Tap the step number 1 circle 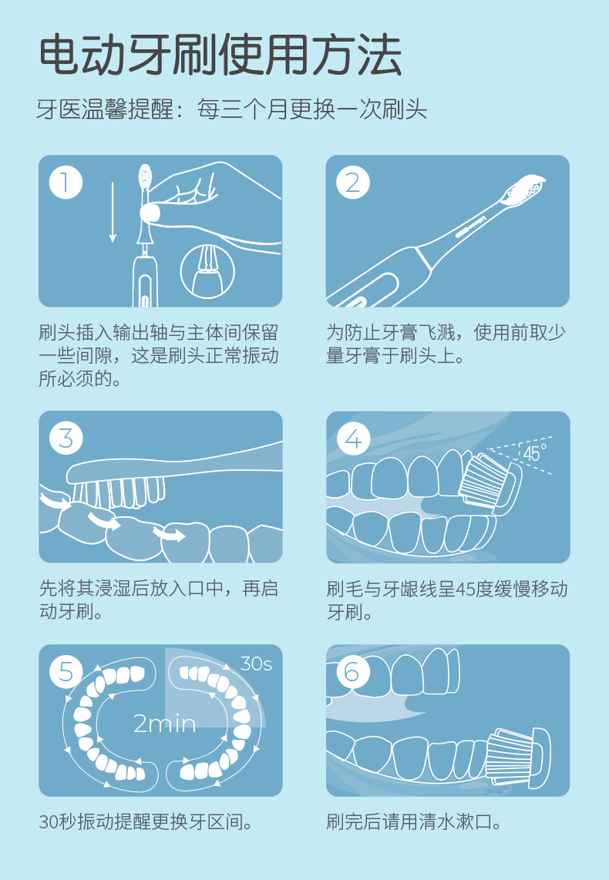tap(66, 183)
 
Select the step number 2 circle tap(353, 183)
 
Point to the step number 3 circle tap(66, 439)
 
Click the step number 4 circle tap(353, 439)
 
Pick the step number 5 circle tap(66, 672)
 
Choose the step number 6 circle tap(353, 672)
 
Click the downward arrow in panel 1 tap(113, 212)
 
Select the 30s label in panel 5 tap(256, 664)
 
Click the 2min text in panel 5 tap(164, 724)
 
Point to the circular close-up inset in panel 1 tap(207, 270)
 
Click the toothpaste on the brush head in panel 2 tap(525, 187)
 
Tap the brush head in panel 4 tap(488, 482)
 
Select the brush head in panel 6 tap(517, 756)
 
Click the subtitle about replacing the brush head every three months tap(232, 109)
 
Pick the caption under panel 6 tap(414, 822)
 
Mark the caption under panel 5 tap(146, 822)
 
